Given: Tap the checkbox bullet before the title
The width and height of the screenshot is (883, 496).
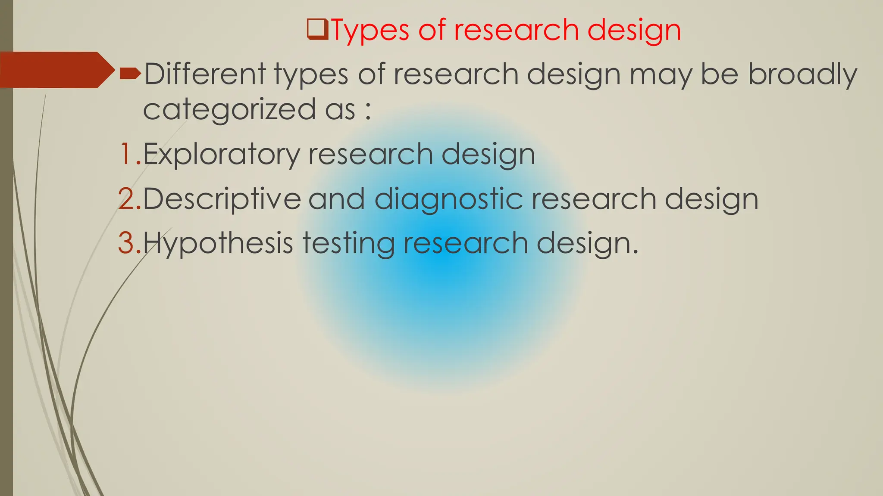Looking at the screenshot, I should coord(317,29).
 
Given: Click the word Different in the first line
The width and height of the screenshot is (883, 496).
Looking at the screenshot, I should coord(204,74).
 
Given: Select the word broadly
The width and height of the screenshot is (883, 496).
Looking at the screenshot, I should coord(802,74).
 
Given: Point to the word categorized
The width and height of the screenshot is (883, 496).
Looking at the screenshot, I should coord(229,109).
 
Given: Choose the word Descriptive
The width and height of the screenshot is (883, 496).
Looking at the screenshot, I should coord(222,198).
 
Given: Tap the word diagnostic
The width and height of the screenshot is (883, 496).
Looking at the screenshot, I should coord(448,199).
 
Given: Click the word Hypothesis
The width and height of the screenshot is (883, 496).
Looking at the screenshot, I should coord(218,244).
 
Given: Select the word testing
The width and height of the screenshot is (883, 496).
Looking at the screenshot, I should coord(348,244).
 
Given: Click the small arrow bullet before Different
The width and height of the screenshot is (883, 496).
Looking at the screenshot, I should coord(130,74).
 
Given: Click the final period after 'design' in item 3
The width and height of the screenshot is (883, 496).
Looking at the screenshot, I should coord(634,251).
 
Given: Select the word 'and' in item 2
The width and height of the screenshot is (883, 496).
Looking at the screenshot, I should coord(337,198).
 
